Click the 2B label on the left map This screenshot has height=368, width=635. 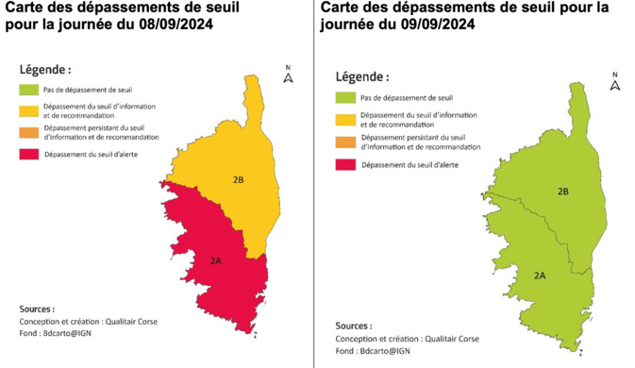[239, 179]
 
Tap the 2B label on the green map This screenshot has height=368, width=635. [562, 192]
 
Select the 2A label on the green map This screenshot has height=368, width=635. [540, 276]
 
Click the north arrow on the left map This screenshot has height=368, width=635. [288, 75]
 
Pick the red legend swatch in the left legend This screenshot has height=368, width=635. [30, 154]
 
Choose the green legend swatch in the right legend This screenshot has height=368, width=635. [347, 97]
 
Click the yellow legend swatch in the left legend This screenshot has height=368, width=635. [30, 109]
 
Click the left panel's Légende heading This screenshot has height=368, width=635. [45, 70]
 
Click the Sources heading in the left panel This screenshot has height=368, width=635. [37, 309]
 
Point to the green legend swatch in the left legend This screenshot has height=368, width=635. [30, 90]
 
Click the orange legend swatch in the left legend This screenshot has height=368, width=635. [30, 133]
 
